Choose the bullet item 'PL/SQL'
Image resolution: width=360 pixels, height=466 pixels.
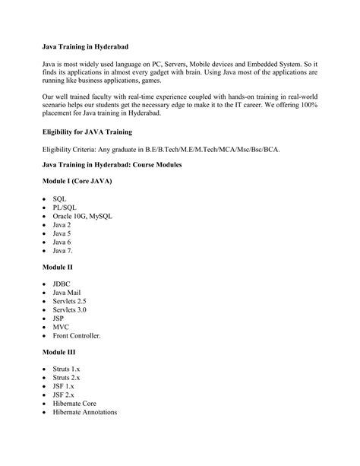(65, 207)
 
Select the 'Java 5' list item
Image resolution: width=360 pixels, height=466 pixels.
(62, 234)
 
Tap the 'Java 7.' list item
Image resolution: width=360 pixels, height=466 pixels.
(63, 251)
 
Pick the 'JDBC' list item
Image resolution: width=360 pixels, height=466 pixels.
(62, 284)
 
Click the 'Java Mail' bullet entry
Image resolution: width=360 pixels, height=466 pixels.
(67, 293)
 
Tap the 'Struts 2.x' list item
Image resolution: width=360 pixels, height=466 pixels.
(66, 378)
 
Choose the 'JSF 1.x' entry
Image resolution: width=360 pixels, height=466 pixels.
(63, 386)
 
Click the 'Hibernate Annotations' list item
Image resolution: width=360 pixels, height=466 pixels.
(85, 412)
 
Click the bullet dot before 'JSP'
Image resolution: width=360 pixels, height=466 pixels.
(44, 319)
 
